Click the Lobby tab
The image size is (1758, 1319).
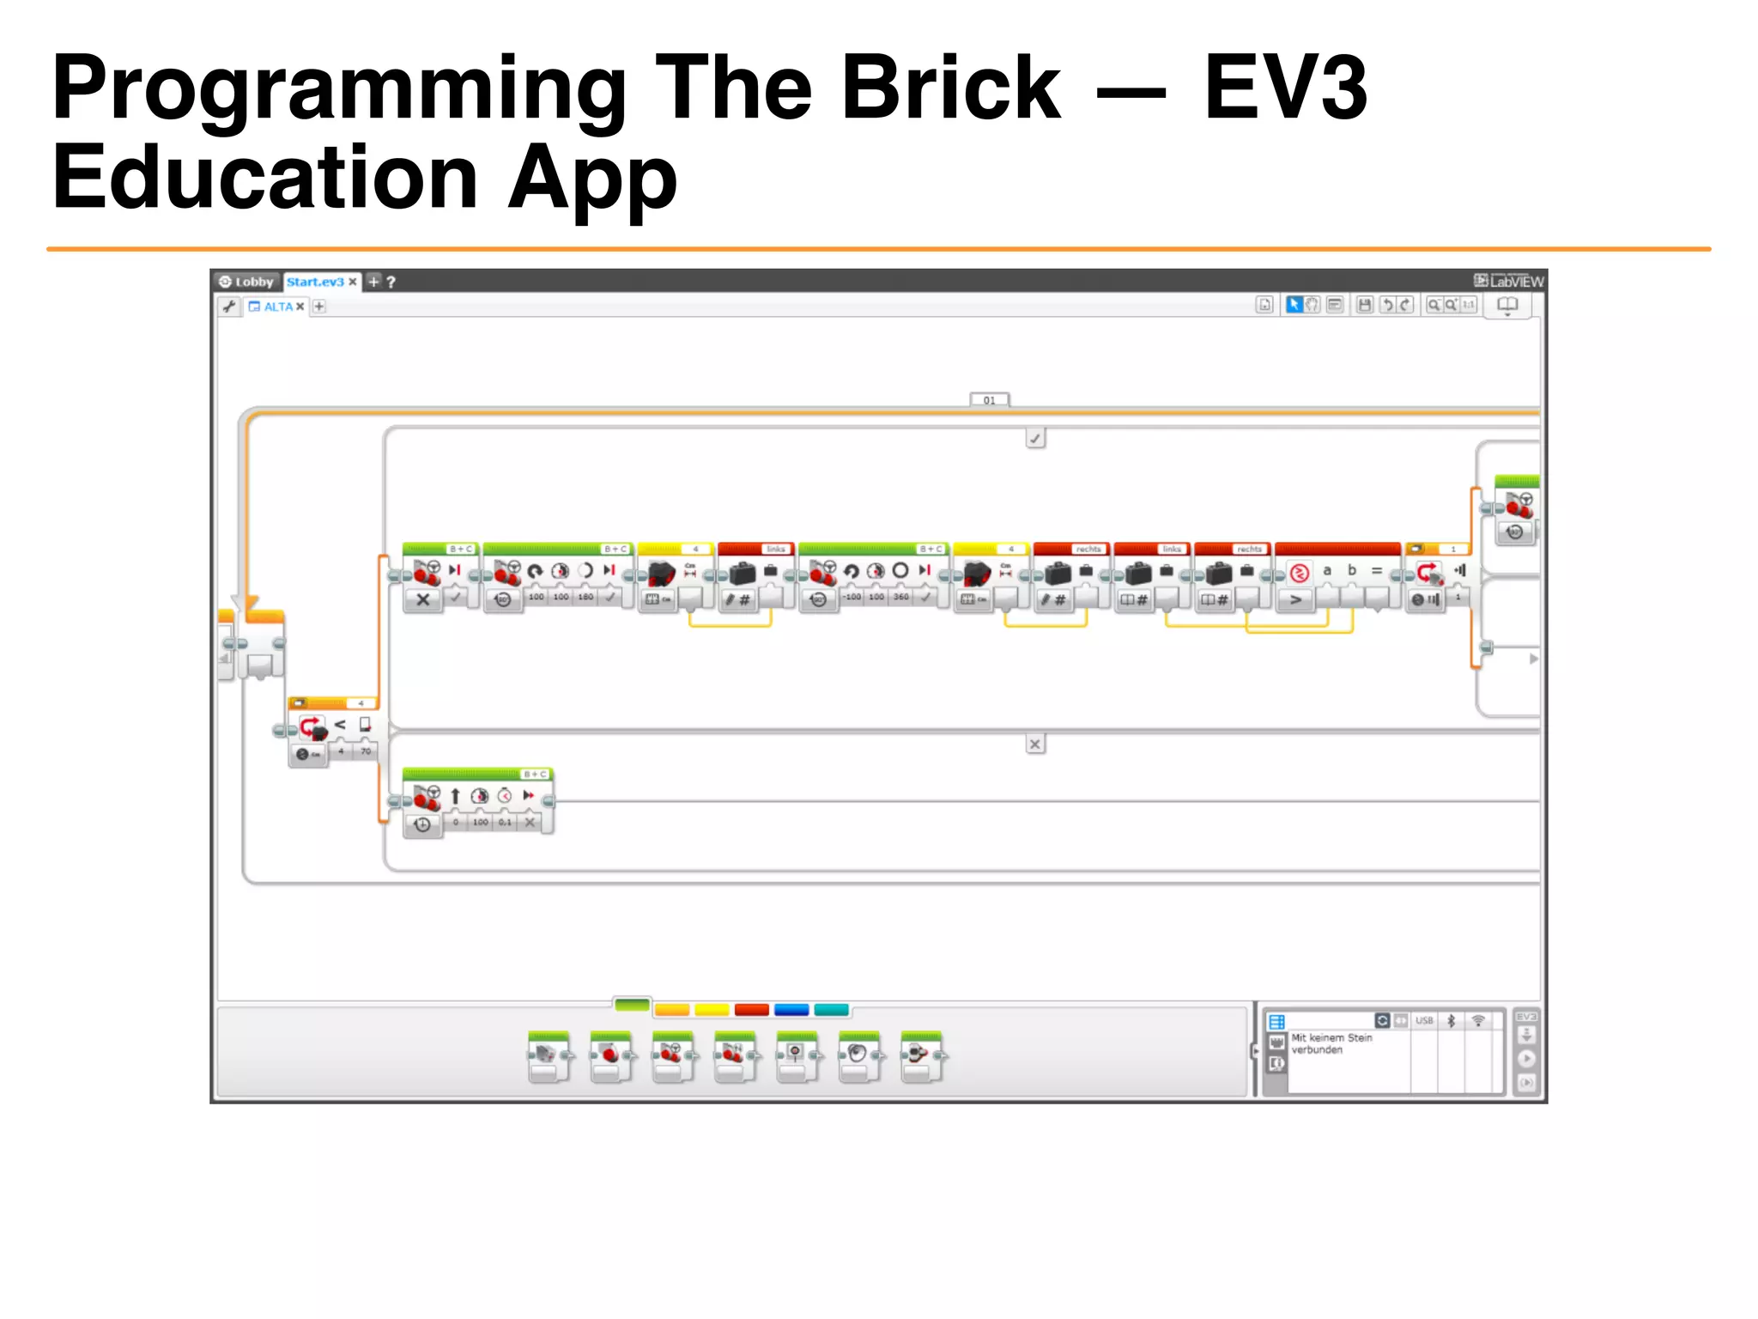click(x=246, y=282)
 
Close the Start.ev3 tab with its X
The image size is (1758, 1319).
click(x=352, y=282)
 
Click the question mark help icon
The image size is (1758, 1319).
click(x=391, y=282)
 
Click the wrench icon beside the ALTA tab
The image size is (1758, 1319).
click(x=228, y=307)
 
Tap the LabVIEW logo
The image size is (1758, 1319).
click(x=1508, y=281)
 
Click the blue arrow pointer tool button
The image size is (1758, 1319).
click(x=1294, y=305)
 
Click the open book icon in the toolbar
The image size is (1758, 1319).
click(x=1507, y=305)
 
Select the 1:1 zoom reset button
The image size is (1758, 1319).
click(x=1469, y=305)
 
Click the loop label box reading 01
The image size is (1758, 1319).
click(x=989, y=400)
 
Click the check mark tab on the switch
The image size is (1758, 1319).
click(x=1035, y=439)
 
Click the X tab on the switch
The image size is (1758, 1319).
click(x=1035, y=745)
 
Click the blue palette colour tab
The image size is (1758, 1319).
click(x=791, y=1010)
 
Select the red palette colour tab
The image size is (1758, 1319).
click(x=752, y=1010)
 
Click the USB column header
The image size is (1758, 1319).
click(x=1424, y=1021)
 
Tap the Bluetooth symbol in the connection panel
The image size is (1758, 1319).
click(x=1451, y=1021)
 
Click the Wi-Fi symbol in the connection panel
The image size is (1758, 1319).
click(x=1478, y=1021)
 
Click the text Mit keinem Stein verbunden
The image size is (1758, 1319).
click(x=1331, y=1043)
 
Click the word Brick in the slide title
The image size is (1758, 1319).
click(x=950, y=88)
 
